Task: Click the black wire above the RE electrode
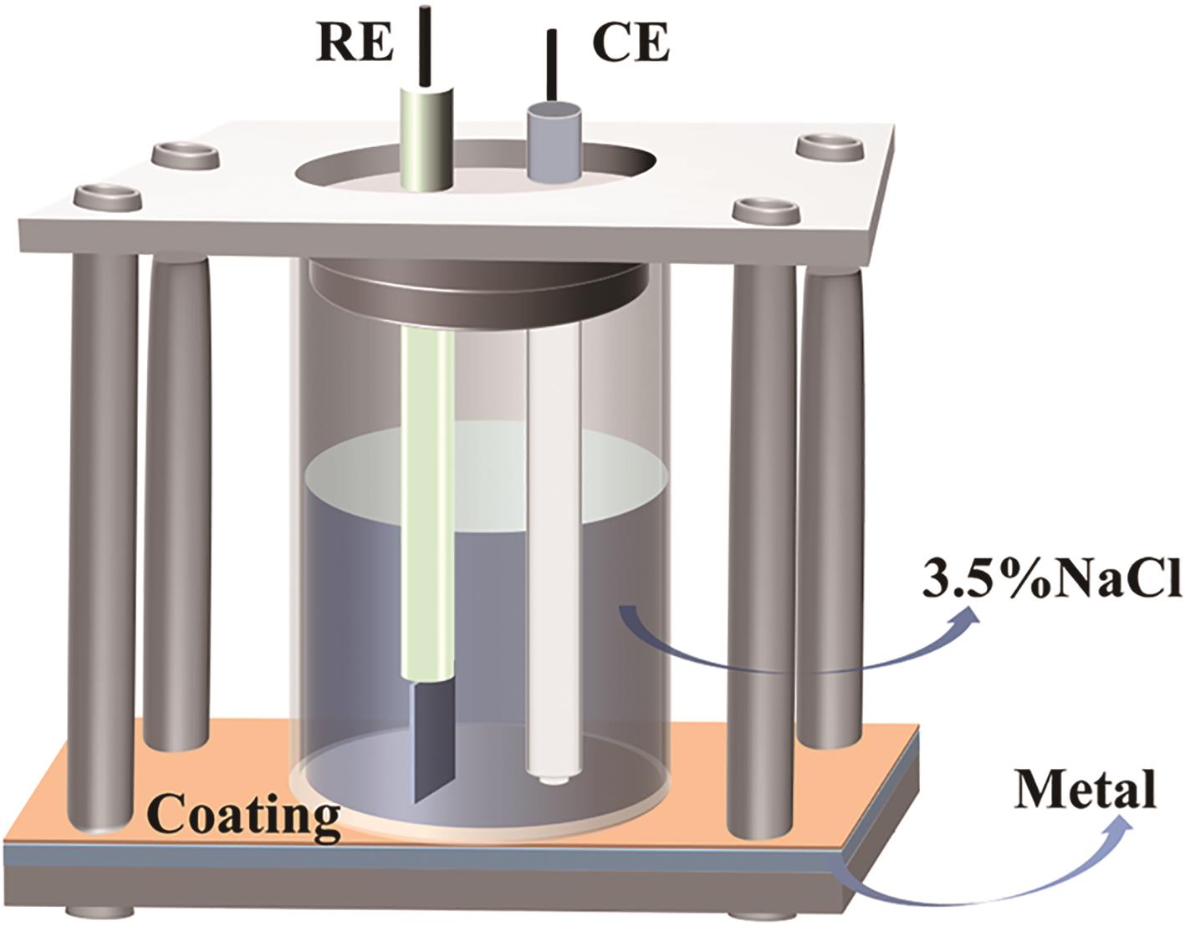(425, 46)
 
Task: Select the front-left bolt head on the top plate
(104, 197)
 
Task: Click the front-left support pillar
(104, 535)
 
